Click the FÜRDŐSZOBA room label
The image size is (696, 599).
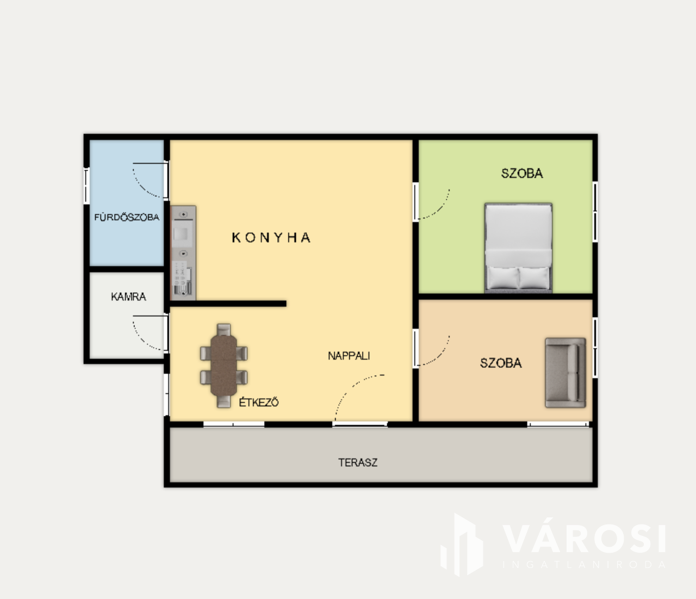pyautogui.click(x=127, y=217)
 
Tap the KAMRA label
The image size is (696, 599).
pyautogui.click(x=128, y=297)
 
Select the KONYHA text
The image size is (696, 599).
pyautogui.click(x=271, y=238)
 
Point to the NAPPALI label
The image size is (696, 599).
pyautogui.click(x=349, y=356)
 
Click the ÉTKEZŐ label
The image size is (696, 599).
pyautogui.click(x=259, y=402)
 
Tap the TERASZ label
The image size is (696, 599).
pyautogui.click(x=358, y=462)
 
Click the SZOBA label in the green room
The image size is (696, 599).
pyautogui.click(x=522, y=173)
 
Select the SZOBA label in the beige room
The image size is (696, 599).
pyautogui.click(x=501, y=363)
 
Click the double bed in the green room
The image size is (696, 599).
pyautogui.click(x=518, y=248)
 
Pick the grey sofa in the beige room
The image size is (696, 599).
pyautogui.click(x=565, y=373)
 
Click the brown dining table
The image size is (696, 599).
pyautogui.click(x=223, y=365)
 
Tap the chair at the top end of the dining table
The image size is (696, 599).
pyautogui.click(x=223, y=329)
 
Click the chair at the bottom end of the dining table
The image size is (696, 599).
pyautogui.click(x=223, y=402)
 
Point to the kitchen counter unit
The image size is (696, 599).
pyautogui.click(x=183, y=252)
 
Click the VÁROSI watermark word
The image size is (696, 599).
pyautogui.click(x=584, y=539)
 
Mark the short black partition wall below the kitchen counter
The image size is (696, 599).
pyautogui.click(x=228, y=304)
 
